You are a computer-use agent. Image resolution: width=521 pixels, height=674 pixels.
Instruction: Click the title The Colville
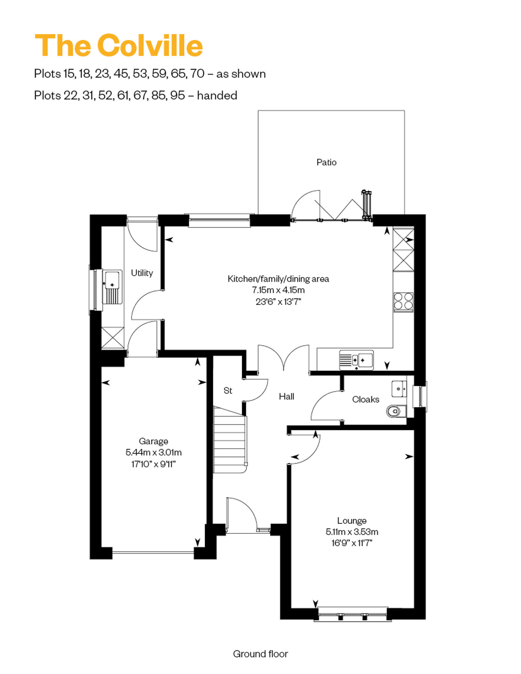pyautogui.click(x=118, y=45)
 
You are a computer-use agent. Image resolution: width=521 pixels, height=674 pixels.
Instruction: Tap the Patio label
pyautogui.click(x=326, y=162)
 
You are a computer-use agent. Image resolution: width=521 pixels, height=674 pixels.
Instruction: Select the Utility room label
pyautogui.click(x=142, y=273)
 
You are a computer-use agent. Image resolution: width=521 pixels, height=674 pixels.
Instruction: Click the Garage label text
pyautogui.click(x=154, y=441)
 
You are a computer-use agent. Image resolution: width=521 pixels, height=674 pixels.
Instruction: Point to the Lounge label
pyautogui.click(x=352, y=521)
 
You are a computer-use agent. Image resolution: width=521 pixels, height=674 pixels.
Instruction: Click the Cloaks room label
pyautogui.click(x=365, y=399)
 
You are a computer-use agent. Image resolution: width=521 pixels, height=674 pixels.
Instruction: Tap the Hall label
pyautogui.click(x=287, y=396)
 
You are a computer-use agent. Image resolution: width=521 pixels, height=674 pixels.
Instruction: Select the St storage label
pyautogui.click(x=228, y=390)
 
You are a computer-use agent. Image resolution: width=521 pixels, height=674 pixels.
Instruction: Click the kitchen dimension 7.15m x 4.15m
pyautogui.click(x=278, y=290)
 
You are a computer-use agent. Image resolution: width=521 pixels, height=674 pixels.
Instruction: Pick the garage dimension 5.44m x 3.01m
pyautogui.click(x=154, y=452)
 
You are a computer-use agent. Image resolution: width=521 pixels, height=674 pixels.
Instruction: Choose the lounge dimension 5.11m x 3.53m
pyautogui.click(x=352, y=532)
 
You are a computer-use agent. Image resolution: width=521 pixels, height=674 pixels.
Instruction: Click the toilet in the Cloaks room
pyautogui.click(x=396, y=411)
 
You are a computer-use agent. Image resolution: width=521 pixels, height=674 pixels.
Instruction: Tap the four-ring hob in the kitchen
pyautogui.click(x=403, y=302)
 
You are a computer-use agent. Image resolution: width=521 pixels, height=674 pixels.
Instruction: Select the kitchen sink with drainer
pyautogui.click(x=356, y=360)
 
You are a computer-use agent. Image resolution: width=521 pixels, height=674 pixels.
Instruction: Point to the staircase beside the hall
pyautogui.click(x=230, y=440)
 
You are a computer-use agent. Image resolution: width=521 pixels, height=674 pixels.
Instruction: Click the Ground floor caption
pyautogui.click(x=260, y=654)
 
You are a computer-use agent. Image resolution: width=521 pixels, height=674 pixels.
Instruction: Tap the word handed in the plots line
pyautogui.click(x=217, y=95)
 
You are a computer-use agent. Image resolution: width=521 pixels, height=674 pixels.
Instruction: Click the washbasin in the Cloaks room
pyautogui.click(x=399, y=389)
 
